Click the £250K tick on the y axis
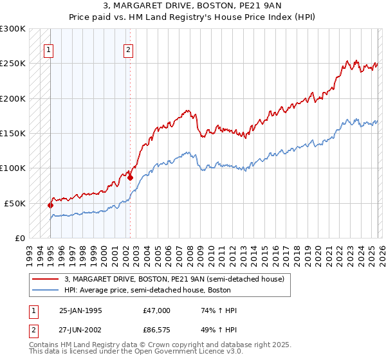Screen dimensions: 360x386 point(13,64)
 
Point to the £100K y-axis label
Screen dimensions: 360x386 point(13,168)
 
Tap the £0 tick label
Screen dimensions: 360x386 point(19,238)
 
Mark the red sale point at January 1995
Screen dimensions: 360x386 point(50,205)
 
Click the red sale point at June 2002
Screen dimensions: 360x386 point(130,178)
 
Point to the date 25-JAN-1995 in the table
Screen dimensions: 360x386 point(80,310)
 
